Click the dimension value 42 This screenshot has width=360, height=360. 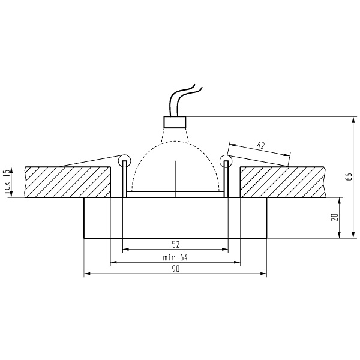point(260,145)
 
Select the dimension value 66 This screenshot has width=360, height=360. point(347,176)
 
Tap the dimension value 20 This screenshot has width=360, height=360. point(335,217)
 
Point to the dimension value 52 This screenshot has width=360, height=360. point(175,244)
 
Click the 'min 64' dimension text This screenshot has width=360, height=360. point(175,257)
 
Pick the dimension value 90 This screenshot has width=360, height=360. point(175,269)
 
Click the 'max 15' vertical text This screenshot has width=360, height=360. point(7,182)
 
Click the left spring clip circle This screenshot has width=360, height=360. point(124,160)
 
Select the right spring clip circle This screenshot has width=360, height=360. point(226,160)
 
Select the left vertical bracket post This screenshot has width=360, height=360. point(124,181)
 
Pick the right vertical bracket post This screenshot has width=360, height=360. point(226,181)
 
